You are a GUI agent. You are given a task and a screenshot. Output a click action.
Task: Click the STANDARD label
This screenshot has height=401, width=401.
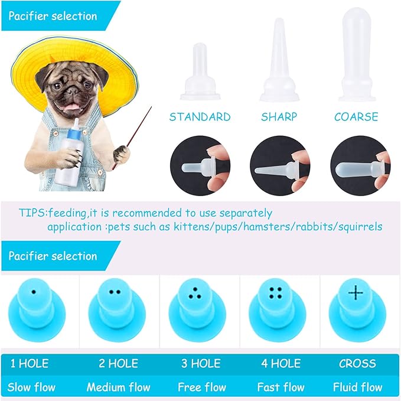[200, 117]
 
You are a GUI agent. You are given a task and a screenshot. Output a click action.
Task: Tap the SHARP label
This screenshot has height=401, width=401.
[279, 117]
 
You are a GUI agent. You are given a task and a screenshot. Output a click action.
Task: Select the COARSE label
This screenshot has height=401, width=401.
[356, 117]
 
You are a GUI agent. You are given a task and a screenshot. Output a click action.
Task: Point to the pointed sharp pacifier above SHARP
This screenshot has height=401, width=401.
[279, 62]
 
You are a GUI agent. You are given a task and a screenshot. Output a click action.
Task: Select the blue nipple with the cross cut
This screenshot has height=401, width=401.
[356, 307]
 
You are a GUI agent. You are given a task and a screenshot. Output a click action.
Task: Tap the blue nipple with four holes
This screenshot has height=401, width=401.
[276, 307]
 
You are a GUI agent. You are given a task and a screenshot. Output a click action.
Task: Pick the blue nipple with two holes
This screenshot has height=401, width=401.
[116, 307]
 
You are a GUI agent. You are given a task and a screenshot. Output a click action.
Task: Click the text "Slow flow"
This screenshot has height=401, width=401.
[31, 387]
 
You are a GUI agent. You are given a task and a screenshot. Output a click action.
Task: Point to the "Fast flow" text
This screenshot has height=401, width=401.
[281, 387]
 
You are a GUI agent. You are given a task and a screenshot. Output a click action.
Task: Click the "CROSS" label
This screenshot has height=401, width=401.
[358, 364]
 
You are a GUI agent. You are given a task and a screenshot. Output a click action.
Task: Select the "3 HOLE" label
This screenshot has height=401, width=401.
[201, 364]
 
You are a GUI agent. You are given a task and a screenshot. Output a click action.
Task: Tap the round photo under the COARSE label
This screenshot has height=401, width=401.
[360, 162]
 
